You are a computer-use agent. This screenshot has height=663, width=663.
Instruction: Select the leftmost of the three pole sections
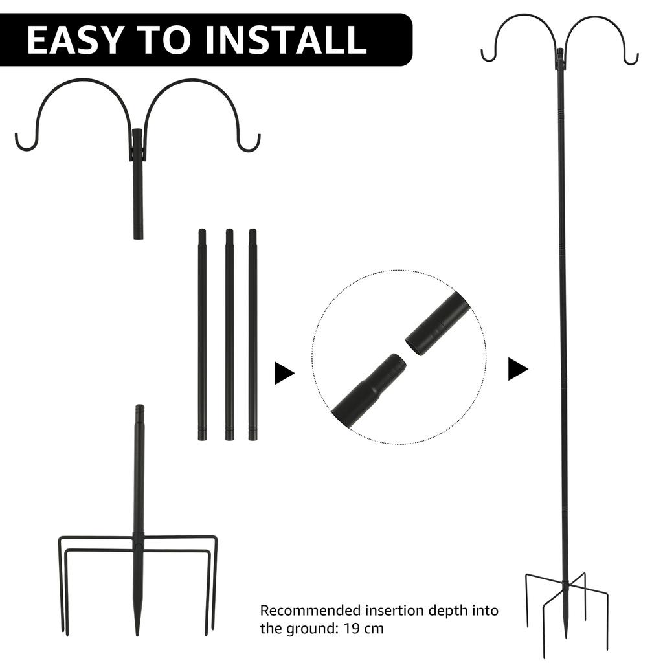(202, 333)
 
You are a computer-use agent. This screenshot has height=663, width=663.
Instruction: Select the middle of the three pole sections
(229, 333)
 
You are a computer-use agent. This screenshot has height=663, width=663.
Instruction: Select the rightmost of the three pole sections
(253, 333)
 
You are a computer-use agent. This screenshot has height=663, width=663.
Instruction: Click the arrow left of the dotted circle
(284, 373)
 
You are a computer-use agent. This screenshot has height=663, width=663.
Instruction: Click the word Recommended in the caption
(310, 611)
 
